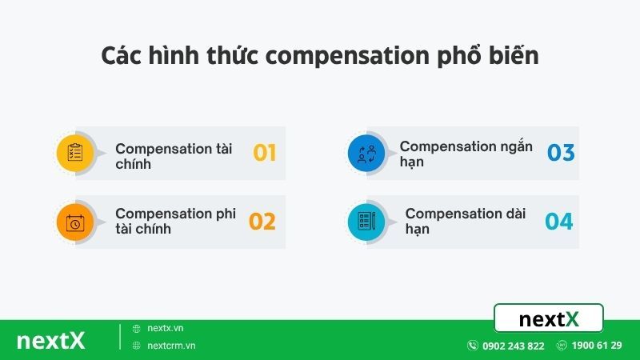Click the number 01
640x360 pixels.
coord(265,153)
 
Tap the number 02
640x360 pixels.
coord(262,222)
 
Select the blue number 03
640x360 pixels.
coord(561,153)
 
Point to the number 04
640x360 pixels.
coord(559,222)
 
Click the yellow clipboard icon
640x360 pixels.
coord(75,153)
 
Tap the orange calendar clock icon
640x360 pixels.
coord(75,222)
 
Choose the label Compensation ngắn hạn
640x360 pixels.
coord(466,154)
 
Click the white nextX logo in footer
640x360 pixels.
coord(50,340)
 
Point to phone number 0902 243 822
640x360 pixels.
coord(513,346)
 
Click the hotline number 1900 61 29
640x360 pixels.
coord(597,346)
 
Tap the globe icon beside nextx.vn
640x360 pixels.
coord(137,328)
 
